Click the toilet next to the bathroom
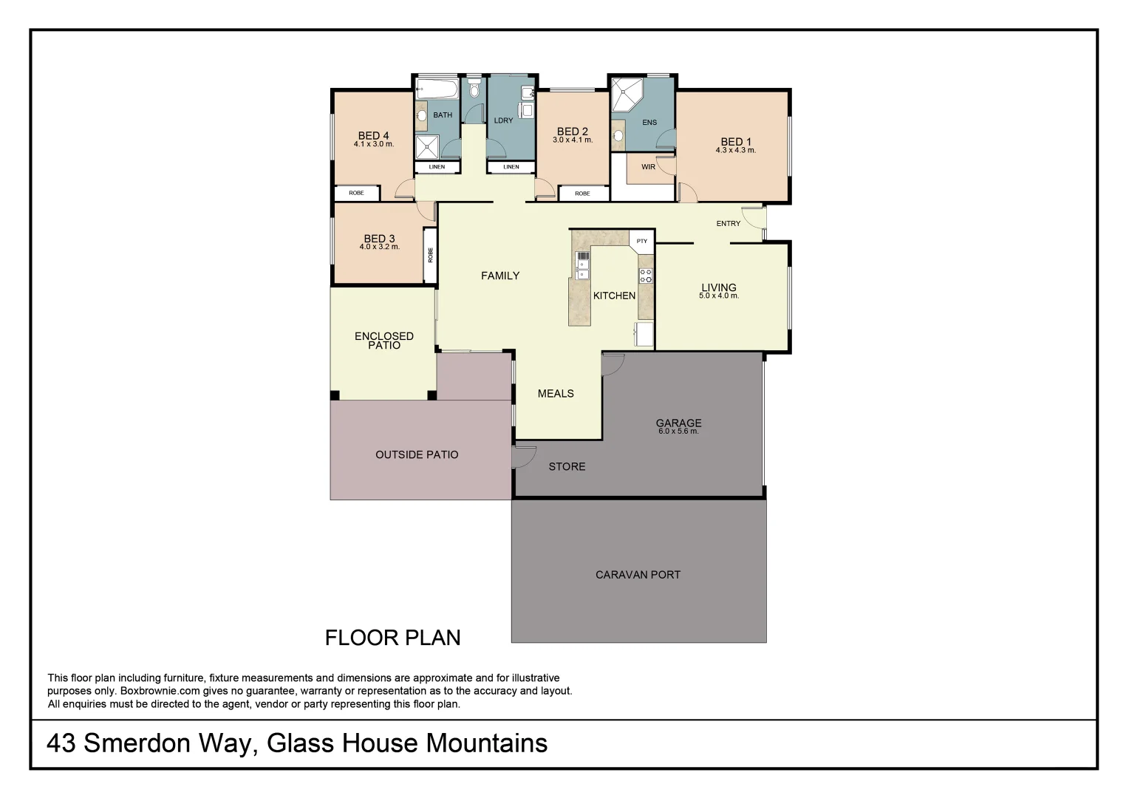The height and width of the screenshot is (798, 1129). tap(474, 89)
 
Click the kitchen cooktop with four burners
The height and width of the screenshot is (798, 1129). tap(646, 276)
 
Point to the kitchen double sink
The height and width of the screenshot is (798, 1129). tap(583, 265)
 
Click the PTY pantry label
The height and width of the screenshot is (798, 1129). tap(641, 241)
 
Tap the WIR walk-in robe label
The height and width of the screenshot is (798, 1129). tap(648, 167)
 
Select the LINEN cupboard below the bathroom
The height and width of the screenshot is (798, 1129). tap(437, 167)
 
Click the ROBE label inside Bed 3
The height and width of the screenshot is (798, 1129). tap(430, 255)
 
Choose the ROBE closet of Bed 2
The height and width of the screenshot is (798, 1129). tap(582, 194)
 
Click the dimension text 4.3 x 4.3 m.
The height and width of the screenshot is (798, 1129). tap(735, 151)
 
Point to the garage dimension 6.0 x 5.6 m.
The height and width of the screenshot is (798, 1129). tap(678, 432)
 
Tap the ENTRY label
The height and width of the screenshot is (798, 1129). tap(728, 223)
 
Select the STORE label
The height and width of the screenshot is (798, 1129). tap(567, 466)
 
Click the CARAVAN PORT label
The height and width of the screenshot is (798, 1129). tap(638, 574)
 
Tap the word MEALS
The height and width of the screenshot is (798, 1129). tap(556, 393)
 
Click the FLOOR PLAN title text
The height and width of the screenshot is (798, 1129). tap(392, 637)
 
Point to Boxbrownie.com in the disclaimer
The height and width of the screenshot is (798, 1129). tap(156, 691)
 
